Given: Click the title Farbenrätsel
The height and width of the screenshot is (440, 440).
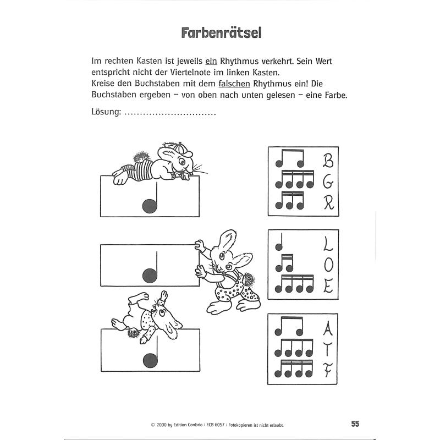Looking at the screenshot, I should [x=222, y=32].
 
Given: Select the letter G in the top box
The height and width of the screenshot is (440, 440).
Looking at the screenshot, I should [x=328, y=182].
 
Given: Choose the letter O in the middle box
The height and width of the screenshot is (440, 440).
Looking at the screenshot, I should [x=328, y=265].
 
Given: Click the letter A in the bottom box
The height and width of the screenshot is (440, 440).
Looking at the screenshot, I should [x=328, y=329].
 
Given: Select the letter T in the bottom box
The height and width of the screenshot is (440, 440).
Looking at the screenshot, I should [x=328, y=351].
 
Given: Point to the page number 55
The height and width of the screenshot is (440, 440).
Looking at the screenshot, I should [x=355, y=424].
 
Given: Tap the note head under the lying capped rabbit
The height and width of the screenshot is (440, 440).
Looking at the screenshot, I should [x=150, y=206].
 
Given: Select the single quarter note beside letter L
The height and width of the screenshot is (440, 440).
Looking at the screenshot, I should [x=279, y=245].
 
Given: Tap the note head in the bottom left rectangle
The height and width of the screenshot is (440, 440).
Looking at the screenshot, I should [x=150, y=360].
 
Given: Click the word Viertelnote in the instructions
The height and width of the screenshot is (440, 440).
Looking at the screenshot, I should [x=201, y=71].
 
